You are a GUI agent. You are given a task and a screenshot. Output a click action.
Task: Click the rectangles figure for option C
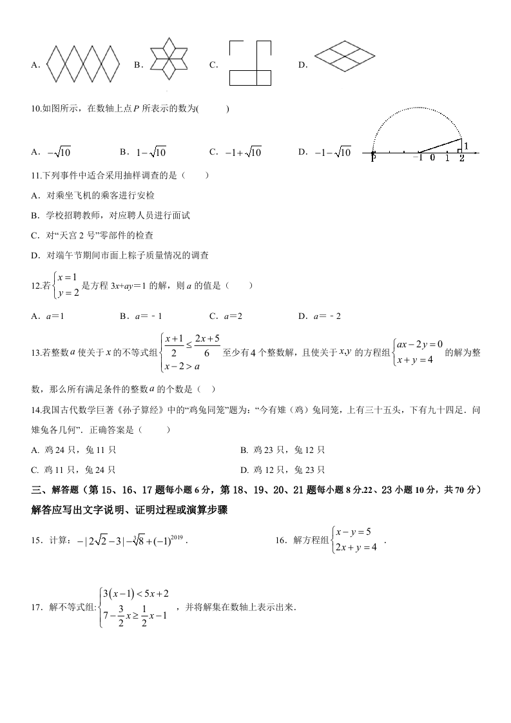click(249, 63)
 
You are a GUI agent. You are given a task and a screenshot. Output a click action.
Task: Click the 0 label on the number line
click(432, 158)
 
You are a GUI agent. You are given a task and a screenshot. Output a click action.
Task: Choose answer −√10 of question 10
click(59, 153)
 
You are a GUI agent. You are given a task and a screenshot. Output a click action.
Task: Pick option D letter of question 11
click(36, 255)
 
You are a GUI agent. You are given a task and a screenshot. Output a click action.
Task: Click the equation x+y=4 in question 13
click(419, 360)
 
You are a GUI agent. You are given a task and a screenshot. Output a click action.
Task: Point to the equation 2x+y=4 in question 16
click(356, 548)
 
